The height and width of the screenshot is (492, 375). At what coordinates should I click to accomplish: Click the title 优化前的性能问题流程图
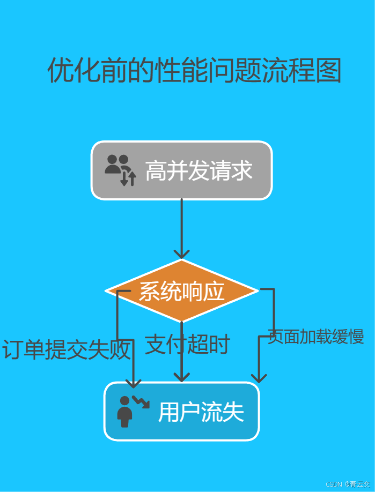click(194, 71)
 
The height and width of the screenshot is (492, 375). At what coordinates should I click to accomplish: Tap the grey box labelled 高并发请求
click(181, 170)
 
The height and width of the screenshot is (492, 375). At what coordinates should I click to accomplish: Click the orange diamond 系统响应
click(182, 291)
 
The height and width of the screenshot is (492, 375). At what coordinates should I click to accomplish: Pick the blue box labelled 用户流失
click(181, 412)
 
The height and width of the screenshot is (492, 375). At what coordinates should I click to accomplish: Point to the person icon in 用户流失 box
click(124, 412)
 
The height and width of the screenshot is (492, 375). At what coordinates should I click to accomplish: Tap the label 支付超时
click(187, 345)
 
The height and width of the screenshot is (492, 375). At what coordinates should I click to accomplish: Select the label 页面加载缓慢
click(316, 337)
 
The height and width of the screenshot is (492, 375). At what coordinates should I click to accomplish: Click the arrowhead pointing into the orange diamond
click(182, 254)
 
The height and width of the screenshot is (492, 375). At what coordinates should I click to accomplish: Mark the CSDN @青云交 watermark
click(347, 484)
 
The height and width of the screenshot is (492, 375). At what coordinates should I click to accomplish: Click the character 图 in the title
click(328, 71)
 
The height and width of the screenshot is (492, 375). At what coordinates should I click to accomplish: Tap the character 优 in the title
click(61, 71)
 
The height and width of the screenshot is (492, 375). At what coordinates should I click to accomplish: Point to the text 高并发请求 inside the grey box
click(198, 171)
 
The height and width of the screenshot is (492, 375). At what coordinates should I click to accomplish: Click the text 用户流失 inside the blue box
click(201, 412)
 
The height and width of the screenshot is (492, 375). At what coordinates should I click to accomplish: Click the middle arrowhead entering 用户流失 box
click(182, 377)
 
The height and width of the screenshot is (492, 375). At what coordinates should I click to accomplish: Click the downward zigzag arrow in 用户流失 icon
click(141, 402)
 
